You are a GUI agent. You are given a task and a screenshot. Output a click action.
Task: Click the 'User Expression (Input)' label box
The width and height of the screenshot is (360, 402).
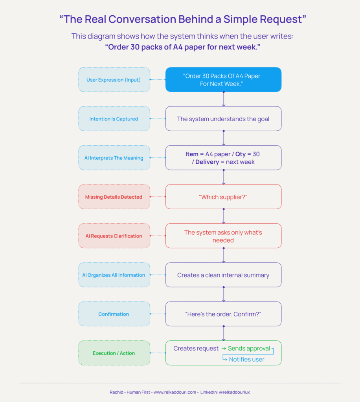[x=114, y=80]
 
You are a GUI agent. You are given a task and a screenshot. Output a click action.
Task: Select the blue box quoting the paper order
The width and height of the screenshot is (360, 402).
[x=223, y=80]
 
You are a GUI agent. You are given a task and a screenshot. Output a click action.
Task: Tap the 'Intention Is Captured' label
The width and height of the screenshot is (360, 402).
[x=114, y=119]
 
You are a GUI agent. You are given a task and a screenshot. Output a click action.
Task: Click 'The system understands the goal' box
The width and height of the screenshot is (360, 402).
[x=223, y=119]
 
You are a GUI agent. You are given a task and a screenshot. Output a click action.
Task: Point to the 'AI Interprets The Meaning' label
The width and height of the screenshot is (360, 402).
[x=114, y=158]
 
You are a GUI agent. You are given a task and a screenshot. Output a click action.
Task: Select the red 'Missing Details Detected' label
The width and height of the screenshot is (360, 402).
[x=114, y=197]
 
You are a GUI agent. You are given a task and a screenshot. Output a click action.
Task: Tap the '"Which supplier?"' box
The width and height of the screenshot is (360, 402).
[x=223, y=197]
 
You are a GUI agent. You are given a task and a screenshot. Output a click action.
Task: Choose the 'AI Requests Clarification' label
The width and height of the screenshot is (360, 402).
[x=114, y=236]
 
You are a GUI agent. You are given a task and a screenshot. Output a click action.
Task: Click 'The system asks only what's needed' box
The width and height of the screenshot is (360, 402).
[x=223, y=236]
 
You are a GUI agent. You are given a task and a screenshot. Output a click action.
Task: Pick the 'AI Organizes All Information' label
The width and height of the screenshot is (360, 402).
[x=114, y=275]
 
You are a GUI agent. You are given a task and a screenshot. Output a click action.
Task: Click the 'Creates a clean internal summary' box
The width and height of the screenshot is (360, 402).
[x=223, y=275]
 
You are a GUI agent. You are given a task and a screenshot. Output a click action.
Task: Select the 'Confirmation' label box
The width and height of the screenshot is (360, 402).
[x=114, y=314]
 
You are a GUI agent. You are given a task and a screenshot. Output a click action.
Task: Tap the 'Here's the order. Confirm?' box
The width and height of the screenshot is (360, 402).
[x=223, y=314]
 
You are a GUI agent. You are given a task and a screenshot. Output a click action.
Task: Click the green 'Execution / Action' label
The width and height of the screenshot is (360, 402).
[x=114, y=353]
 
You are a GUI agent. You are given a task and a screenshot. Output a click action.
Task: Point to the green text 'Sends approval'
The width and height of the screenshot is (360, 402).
[x=249, y=349]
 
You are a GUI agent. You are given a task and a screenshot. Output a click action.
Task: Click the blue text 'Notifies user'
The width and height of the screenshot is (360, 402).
[x=246, y=359]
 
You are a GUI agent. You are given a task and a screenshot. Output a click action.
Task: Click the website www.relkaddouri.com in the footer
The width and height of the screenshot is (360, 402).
[x=175, y=392]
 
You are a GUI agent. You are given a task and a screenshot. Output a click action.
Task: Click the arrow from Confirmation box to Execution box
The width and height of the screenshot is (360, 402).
[x=224, y=333]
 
